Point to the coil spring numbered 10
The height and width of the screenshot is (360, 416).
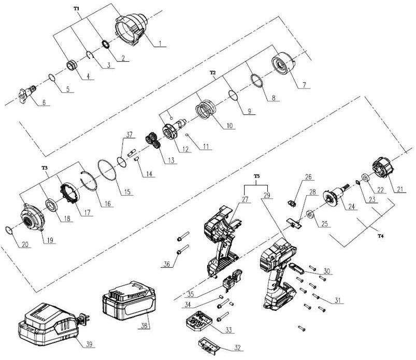(x=206, y=109)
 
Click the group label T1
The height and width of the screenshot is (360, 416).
(x=76, y=9)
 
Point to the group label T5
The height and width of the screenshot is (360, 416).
(x=256, y=176)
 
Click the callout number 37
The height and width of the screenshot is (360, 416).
(x=129, y=134)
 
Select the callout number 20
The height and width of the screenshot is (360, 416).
(x=25, y=244)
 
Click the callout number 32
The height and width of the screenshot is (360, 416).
(x=237, y=348)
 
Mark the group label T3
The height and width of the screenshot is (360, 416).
(x=45, y=168)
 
